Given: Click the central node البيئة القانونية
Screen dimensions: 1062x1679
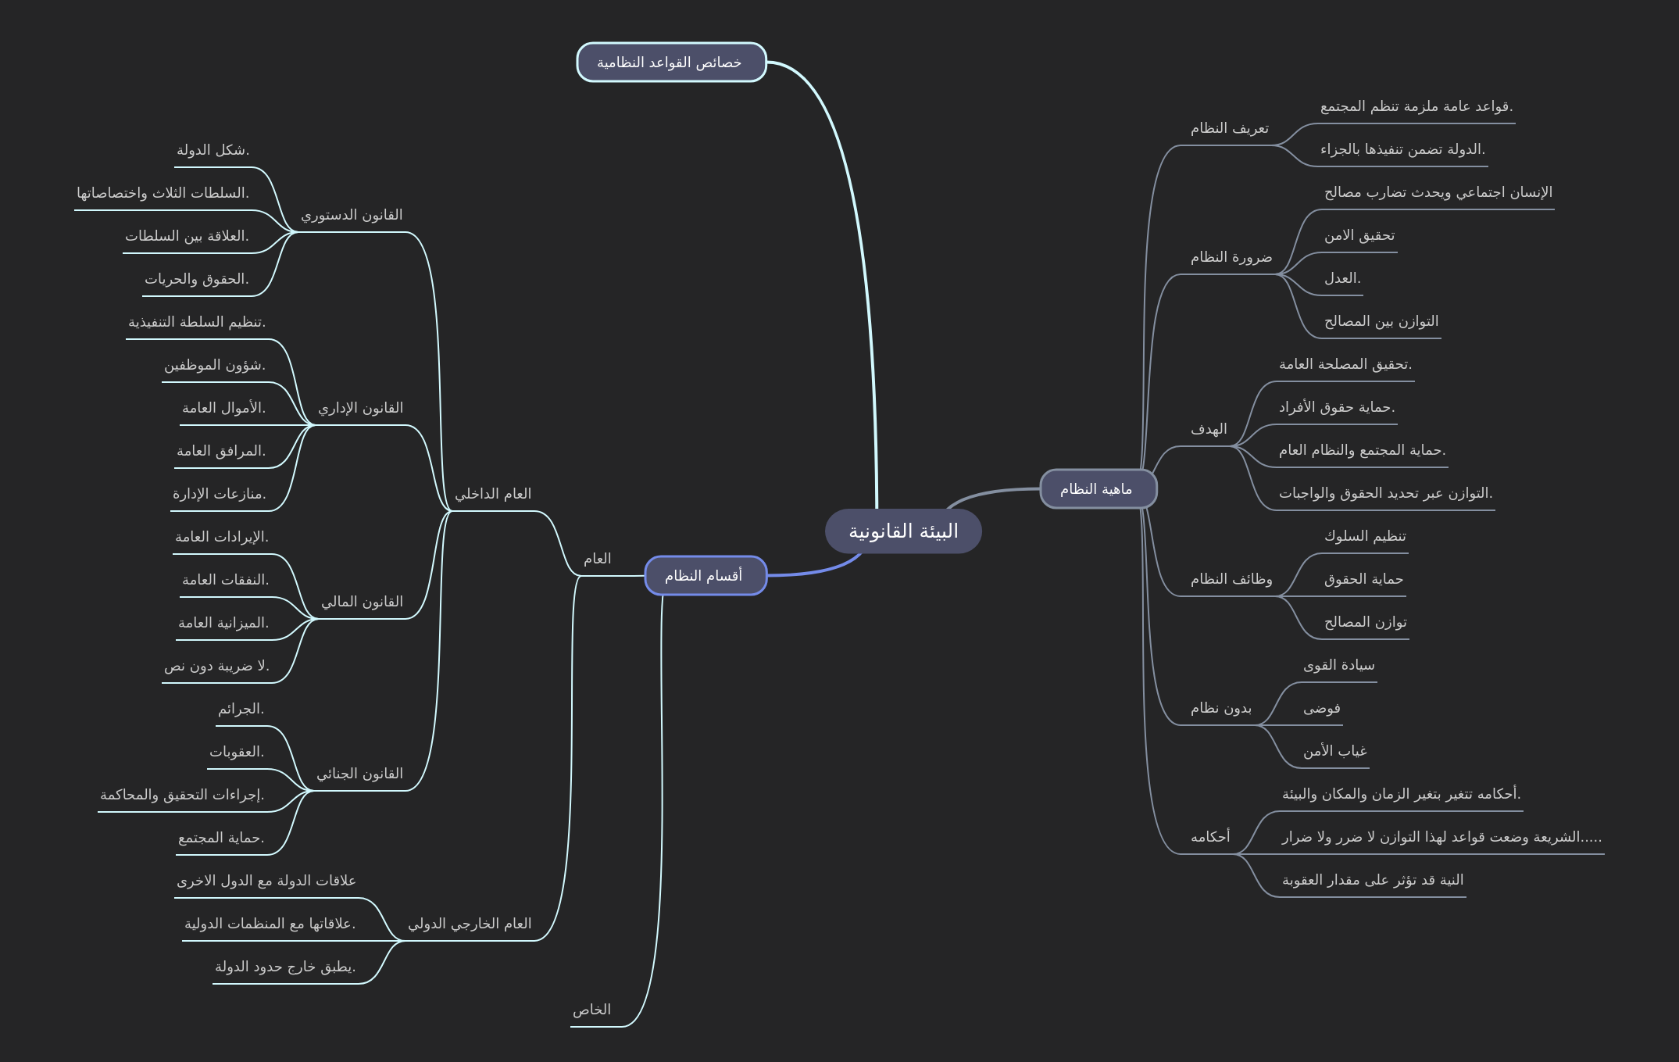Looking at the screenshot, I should pos(903,531).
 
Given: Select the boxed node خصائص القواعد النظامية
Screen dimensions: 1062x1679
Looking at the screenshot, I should pos(670,63).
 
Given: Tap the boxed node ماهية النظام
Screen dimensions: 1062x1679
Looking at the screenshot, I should pos(1097,489).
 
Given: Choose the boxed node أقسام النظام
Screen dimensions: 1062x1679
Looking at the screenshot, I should pos(704,576).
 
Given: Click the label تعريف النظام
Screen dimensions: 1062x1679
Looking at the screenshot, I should pos(1230,128).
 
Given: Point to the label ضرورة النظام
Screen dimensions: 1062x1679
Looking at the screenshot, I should pos(1231,257).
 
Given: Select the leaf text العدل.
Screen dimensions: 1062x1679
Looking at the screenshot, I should pos(1342,278).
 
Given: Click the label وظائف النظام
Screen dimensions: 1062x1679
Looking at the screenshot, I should pos(1231,579).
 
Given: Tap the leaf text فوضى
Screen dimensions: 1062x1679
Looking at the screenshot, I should pos(1321,708).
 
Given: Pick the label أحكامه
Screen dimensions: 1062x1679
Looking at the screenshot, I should pos(1210,837).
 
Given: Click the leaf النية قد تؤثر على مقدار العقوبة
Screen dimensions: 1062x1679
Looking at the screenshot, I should pos(1373,880).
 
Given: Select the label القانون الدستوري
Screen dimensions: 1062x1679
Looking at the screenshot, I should pos(352,215).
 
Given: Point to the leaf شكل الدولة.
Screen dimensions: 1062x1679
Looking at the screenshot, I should pos(213,150).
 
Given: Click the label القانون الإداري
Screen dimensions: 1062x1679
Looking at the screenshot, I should pos(361,408).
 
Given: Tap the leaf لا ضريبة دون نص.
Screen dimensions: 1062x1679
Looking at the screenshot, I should pos(216,666).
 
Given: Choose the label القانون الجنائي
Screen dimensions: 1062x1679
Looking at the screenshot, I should pos(360,774).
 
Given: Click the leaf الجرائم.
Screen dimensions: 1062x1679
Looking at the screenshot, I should pos(241,709).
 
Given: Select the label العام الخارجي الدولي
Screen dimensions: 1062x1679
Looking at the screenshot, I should pos(470,924).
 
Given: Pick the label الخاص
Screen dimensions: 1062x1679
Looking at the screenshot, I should pos(591,1010).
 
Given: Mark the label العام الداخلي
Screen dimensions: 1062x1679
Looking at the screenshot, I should pos(493,494).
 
